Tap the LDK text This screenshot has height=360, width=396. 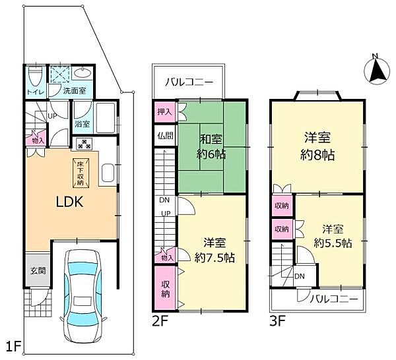[68, 202]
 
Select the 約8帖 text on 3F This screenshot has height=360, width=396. [317, 157]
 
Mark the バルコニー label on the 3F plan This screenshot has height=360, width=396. [335, 299]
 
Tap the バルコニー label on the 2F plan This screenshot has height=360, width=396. [189, 83]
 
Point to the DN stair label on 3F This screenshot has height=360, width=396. [299, 276]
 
